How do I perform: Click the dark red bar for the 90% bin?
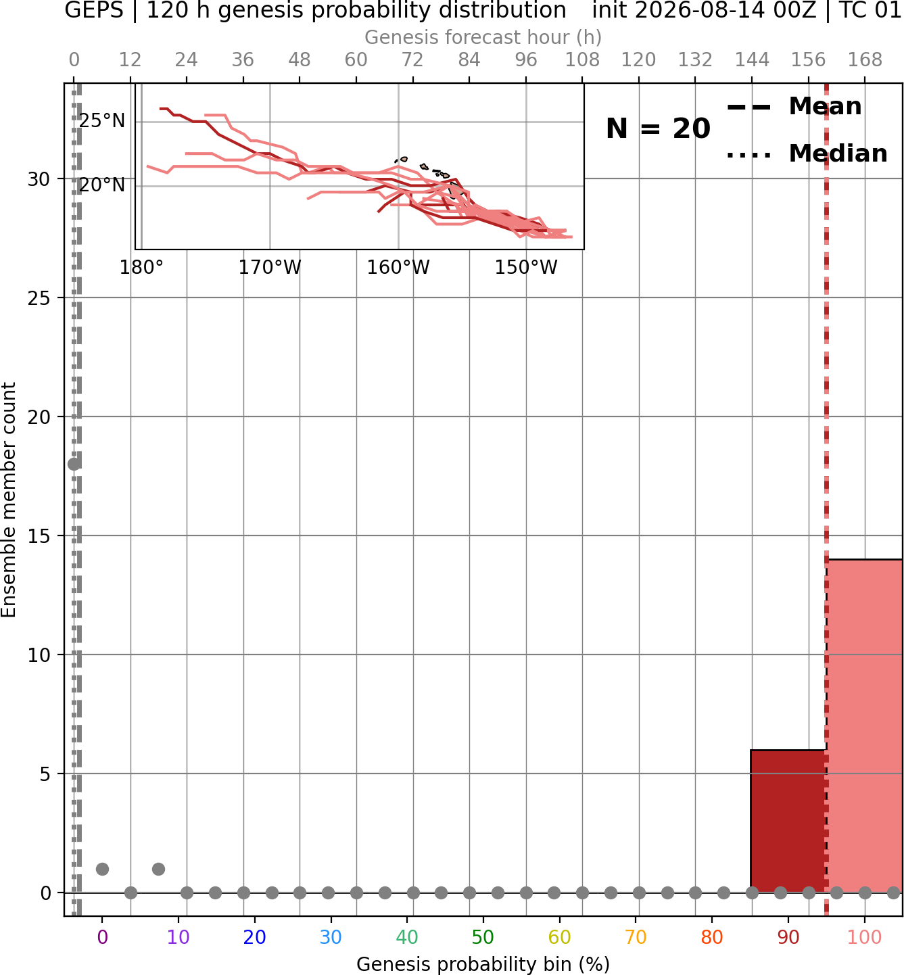[788, 821]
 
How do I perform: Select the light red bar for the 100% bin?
[865, 726]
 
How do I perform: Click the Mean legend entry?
[794, 106]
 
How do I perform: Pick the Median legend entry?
[807, 153]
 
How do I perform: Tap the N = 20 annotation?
[658, 128]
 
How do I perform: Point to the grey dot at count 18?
[74, 464]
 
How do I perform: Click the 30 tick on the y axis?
[39, 179]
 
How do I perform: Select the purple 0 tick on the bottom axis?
[102, 937]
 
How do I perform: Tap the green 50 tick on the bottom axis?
[483, 937]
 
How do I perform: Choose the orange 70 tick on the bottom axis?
[636, 937]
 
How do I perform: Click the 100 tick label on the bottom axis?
[864, 937]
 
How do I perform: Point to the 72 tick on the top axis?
[412, 60]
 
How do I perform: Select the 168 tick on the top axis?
[865, 60]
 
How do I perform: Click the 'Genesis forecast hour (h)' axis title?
[483, 37]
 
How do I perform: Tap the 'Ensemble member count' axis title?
[8, 500]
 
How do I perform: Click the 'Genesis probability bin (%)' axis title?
[483, 964]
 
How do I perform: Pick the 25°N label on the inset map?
[102, 121]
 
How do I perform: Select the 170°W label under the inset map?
[270, 268]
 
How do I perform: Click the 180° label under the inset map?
[141, 268]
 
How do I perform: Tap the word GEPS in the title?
[94, 10]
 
